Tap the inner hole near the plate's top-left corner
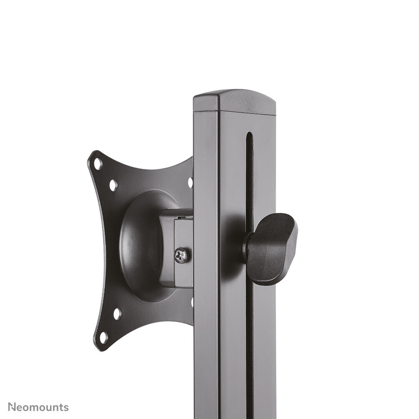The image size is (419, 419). pyautogui.click(x=113, y=184)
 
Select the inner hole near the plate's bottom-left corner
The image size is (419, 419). pyautogui.click(x=117, y=313)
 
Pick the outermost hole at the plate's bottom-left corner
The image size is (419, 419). pyautogui.click(x=103, y=337)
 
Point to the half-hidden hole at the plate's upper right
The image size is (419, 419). pyautogui.click(x=190, y=182)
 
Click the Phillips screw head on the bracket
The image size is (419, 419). pyautogui.click(x=182, y=255)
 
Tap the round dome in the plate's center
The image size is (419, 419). pyautogui.click(x=142, y=246)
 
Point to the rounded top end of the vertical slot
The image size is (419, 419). pyautogui.click(x=249, y=135)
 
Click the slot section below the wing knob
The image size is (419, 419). pyautogui.click(x=250, y=334)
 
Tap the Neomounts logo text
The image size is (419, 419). pyautogui.click(x=38, y=407)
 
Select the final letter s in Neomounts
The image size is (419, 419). pyautogui.click(x=66, y=408)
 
